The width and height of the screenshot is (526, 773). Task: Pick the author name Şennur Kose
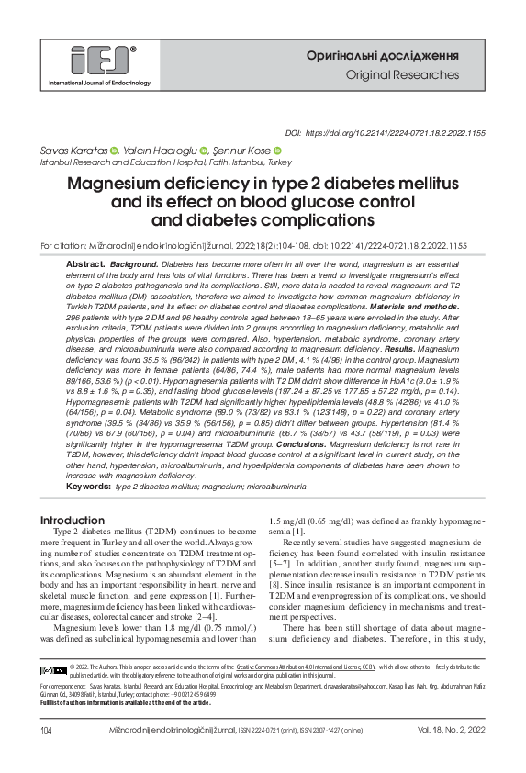tap(240, 151)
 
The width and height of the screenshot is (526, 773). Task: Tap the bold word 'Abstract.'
tap(87, 263)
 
